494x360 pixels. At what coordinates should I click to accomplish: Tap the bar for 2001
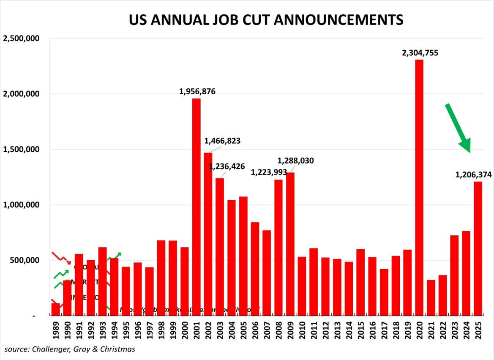pyautogui.click(x=196, y=207)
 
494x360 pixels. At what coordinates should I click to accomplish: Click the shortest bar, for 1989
pyautogui.click(x=55, y=309)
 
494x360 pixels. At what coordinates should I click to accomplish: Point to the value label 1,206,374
pyautogui.click(x=473, y=175)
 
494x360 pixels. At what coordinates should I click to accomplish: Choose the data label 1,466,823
pyautogui.click(x=222, y=141)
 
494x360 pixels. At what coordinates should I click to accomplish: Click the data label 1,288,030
pyautogui.click(x=295, y=161)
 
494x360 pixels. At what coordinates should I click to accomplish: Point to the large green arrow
pyautogui.click(x=458, y=128)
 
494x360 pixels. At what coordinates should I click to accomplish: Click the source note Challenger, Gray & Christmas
pyautogui.click(x=70, y=349)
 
